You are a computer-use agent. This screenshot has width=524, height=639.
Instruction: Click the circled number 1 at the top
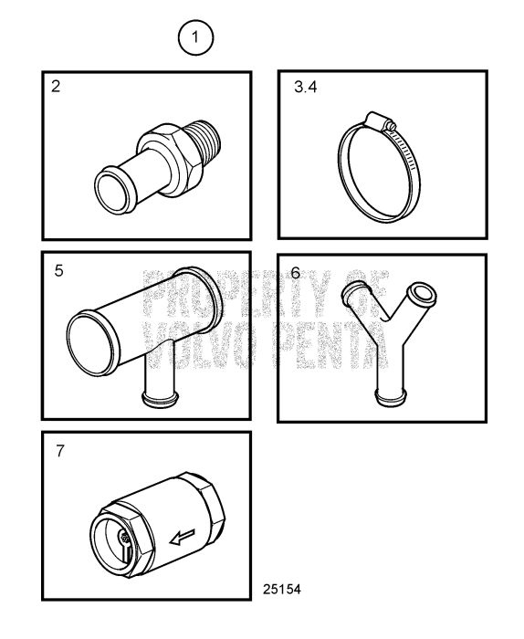(196, 38)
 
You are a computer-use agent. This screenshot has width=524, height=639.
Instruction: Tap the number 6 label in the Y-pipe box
(295, 272)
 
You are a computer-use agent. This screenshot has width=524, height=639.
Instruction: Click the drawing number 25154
(280, 589)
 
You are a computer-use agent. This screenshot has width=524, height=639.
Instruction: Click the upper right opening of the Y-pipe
(424, 294)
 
